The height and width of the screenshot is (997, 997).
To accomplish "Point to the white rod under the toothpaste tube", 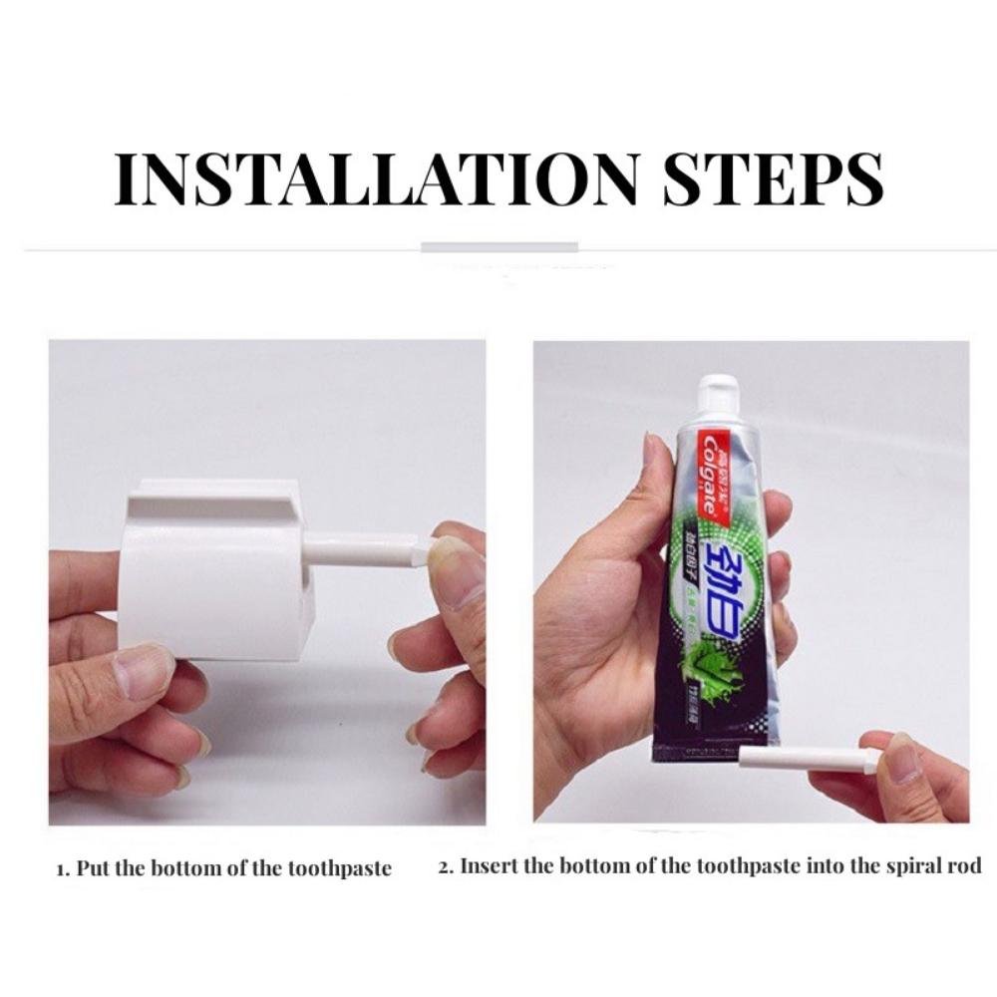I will click(x=808, y=760).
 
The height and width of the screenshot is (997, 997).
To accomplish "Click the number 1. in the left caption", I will click(x=61, y=867).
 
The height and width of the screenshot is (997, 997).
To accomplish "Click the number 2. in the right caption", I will click(x=446, y=865).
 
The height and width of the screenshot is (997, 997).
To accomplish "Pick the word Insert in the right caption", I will click(x=490, y=865).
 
